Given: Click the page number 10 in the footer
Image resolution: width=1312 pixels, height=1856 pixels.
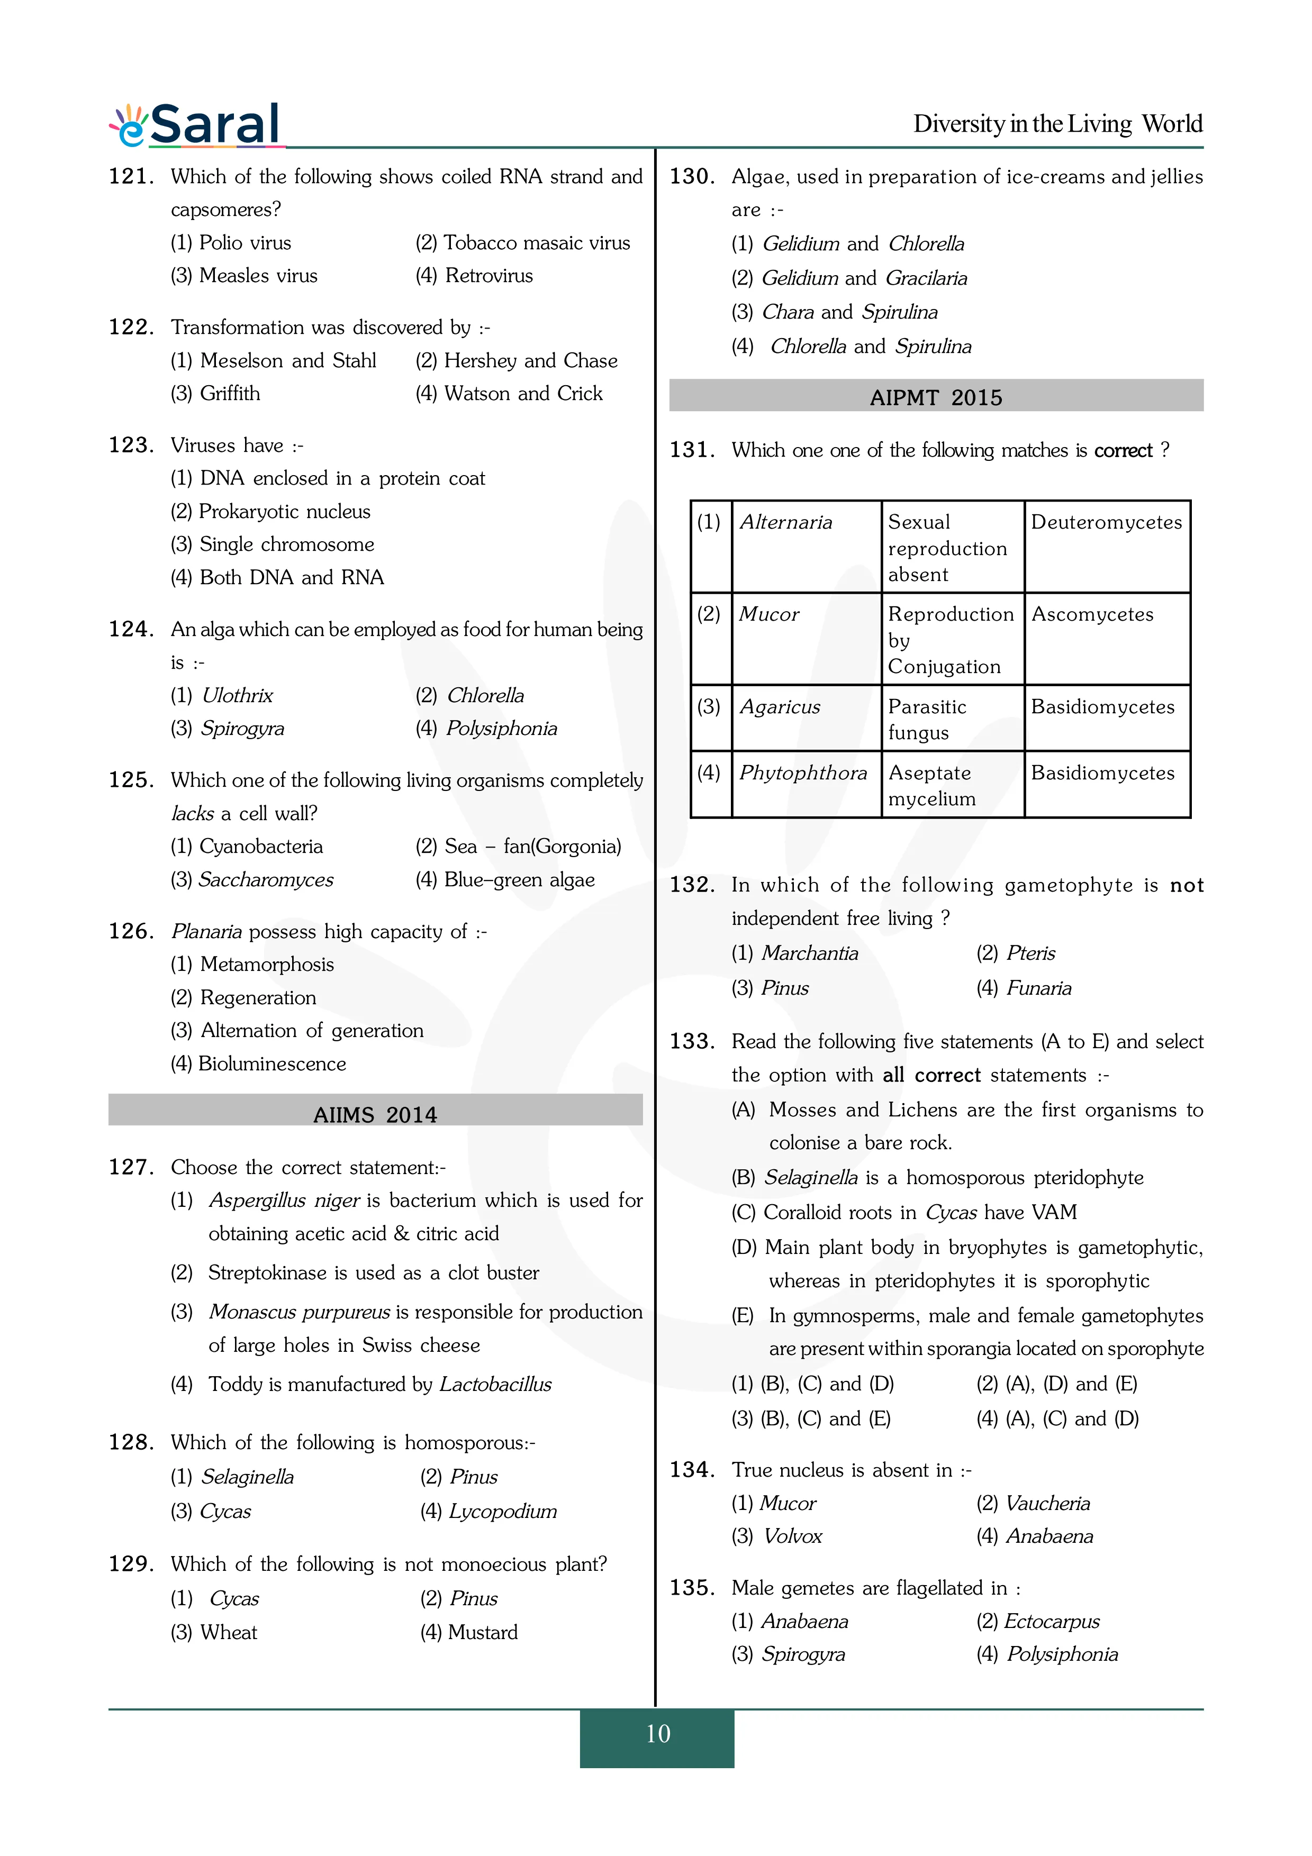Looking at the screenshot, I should point(657,1734).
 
